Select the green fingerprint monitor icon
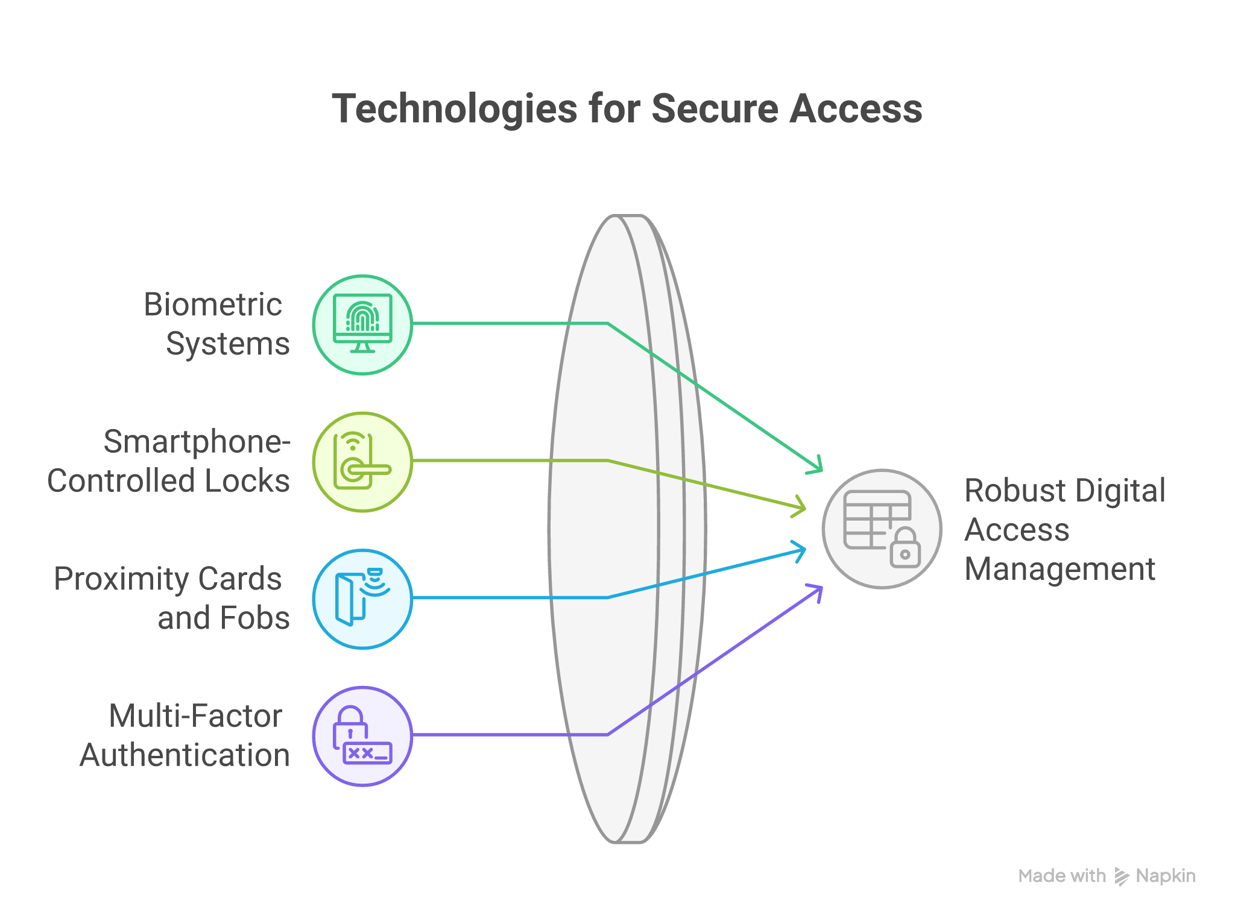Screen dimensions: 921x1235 pyautogui.click(x=362, y=324)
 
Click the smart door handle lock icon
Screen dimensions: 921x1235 pyautogui.click(x=362, y=462)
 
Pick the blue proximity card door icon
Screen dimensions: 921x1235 pyautogui.click(x=362, y=599)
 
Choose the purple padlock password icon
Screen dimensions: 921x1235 pyautogui.click(x=362, y=735)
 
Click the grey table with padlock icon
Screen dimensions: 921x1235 pyautogui.click(x=882, y=529)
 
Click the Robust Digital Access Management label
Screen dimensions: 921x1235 pyautogui.click(x=1064, y=530)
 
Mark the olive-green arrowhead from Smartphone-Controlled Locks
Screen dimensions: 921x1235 pyautogui.click(x=802, y=507)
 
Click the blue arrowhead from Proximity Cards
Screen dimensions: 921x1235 pyautogui.click(x=802, y=550)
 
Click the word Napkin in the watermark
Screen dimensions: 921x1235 pyautogui.click(x=1165, y=876)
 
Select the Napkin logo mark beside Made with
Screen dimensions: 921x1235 pyautogui.click(x=1121, y=876)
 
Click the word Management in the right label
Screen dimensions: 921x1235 pyautogui.click(x=1060, y=569)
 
